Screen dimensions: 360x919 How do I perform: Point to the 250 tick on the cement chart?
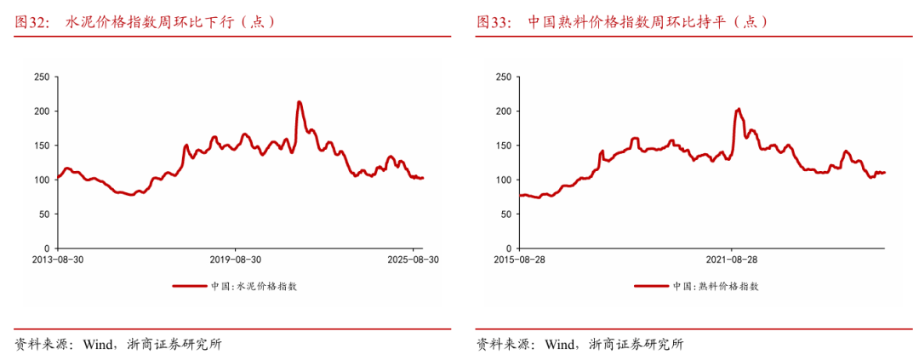tap(41, 77)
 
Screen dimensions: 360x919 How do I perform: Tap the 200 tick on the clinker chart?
tap(502, 111)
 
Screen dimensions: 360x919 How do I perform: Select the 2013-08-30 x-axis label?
tap(58, 259)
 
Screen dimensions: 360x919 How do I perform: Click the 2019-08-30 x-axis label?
tap(235, 259)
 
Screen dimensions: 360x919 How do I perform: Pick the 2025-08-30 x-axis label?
tap(412, 259)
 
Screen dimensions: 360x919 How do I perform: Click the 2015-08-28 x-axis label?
tap(519, 259)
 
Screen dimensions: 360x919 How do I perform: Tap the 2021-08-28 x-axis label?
tap(732, 259)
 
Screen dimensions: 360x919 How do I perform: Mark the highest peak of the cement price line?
tap(299, 102)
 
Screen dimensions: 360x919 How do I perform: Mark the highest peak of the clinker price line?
tap(738, 109)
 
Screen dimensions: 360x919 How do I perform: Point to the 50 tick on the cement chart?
tap(43, 214)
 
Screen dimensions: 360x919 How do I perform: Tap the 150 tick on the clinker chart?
tap(502, 146)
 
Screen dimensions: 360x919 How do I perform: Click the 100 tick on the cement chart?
tap(41, 180)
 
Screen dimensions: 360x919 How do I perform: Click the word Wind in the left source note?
tap(100, 345)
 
